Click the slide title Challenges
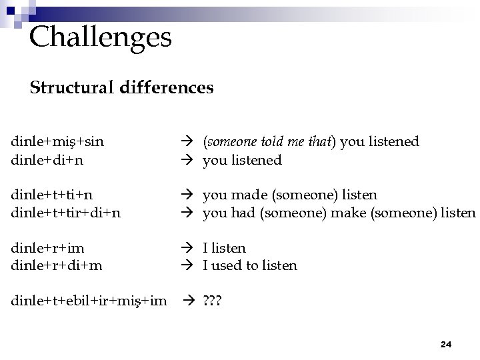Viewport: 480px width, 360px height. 101,37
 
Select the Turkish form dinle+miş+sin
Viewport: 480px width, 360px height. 57,141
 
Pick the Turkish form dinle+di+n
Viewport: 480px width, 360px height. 51,160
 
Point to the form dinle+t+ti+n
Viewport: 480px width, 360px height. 52,195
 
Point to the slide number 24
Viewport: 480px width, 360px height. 446,344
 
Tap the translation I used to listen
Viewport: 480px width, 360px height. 250,265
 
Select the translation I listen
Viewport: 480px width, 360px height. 224,248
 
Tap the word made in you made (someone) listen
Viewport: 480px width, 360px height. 244,195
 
